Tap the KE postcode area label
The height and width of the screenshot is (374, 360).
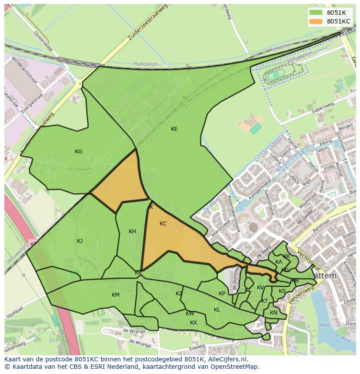pyautogui.click(x=174, y=129)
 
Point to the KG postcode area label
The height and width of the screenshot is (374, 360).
pyautogui.click(x=79, y=152)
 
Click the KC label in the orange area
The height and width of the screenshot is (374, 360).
pyautogui.click(x=163, y=224)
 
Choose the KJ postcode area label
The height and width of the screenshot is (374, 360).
pyautogui.click(x=80, y=241)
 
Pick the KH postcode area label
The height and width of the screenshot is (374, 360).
pyautogui.click(x=133, y=232)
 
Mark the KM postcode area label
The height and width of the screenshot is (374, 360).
pyautogui.click(x=116, y=295)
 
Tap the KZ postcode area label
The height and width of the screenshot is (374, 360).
pyautogui.click(x=179, y=294)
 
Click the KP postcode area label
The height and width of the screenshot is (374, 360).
pyautogui.click(x=222, y=294)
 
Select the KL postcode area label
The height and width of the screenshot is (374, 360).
pyautogui.click(x=217, y=310)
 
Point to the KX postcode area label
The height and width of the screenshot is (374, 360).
pyautogui.click(x=193, y=323)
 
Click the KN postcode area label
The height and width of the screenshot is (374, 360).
pyautogui.click(x=273, y=313)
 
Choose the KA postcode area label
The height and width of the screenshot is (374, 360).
pyautogui.click(x=279, y=262)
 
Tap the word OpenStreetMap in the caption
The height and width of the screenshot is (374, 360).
pyautogui.click(x=234, y=367)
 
